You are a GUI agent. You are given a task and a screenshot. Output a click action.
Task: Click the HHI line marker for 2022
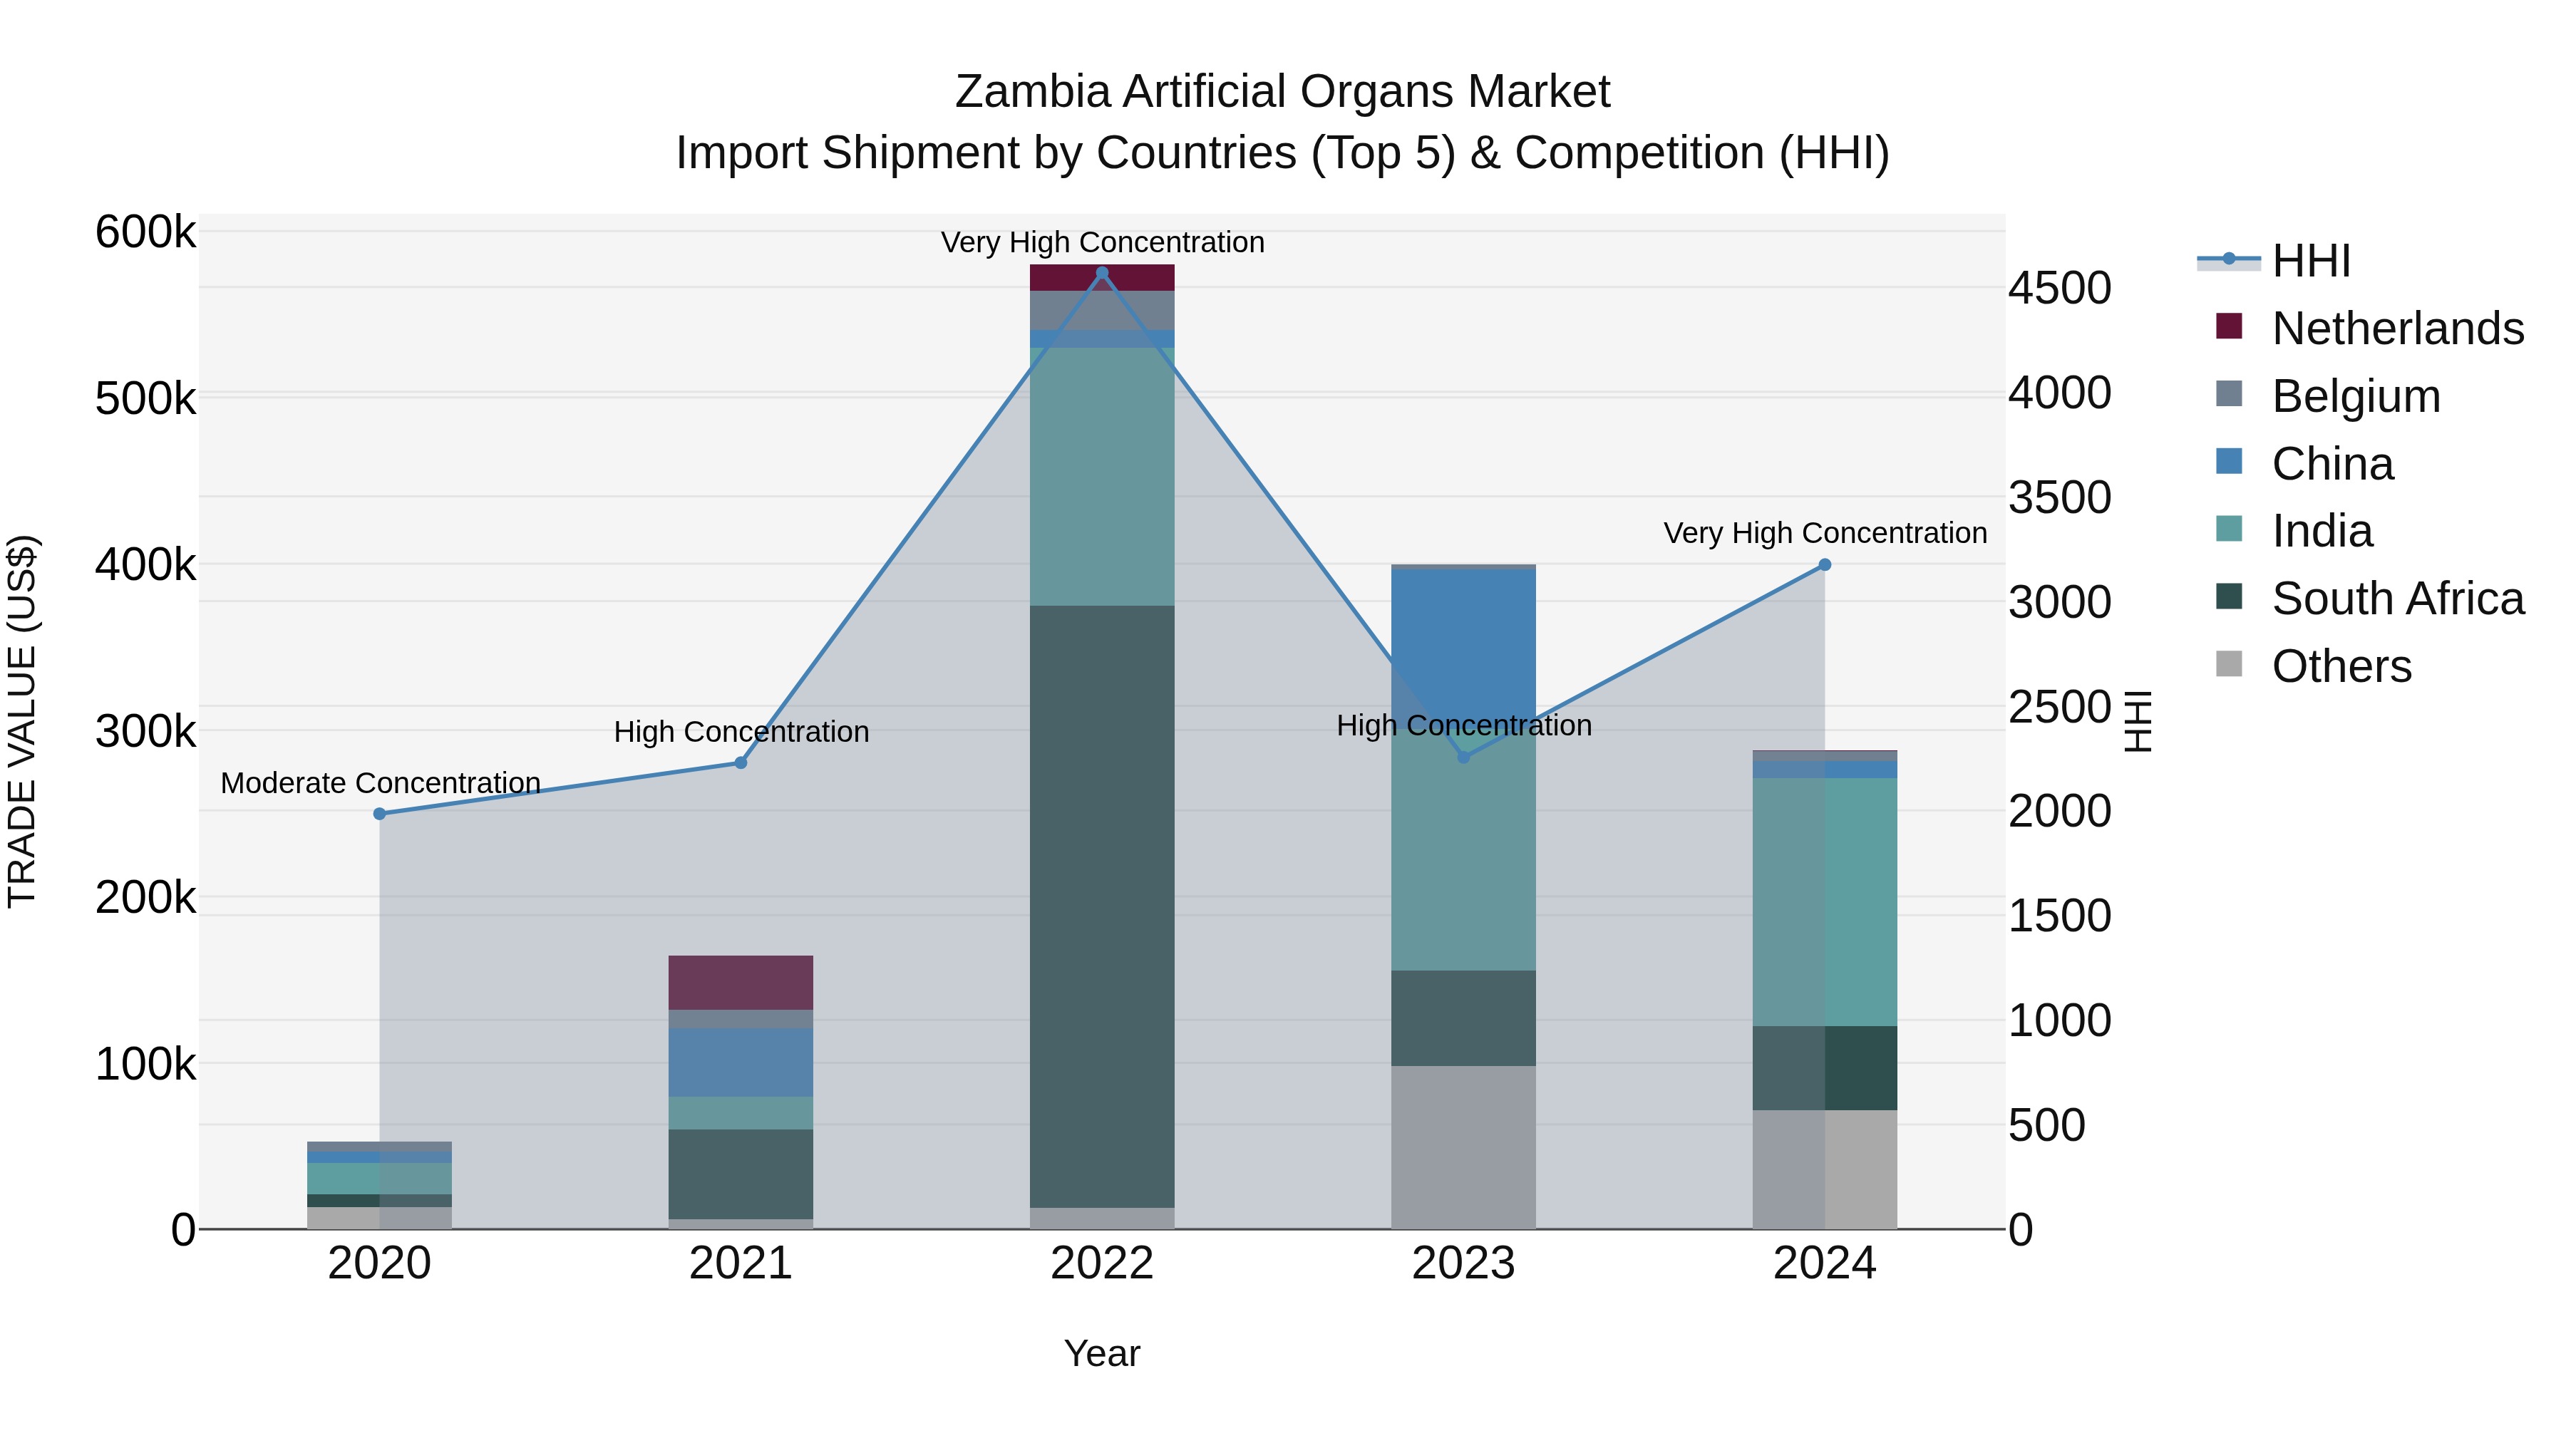(x=1102, y=273)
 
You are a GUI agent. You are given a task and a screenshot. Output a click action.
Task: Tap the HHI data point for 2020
(x=379, y=814)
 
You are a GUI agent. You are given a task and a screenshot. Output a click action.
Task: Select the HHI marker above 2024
(x=1825, y=564)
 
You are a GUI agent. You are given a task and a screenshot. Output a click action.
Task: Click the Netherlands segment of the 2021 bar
(x=740, y=982)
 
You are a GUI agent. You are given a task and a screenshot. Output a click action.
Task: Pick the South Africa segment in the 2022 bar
(x=1102, y=906)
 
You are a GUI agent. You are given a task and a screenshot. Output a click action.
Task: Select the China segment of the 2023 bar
(x=1463, y=647)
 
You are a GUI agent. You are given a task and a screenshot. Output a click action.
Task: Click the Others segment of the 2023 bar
(x=1463, y=1147)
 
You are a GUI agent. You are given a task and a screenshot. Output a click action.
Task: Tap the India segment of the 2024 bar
(x=1825, y=901)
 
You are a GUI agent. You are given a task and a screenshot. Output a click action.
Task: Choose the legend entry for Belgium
(x=2355, y=396)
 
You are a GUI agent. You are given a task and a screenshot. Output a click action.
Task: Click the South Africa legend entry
(x=2396, y=599)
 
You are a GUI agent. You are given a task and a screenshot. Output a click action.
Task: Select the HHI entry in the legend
(x=2310, y=261)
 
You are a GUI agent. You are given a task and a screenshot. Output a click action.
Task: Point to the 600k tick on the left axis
(x=145, y=233)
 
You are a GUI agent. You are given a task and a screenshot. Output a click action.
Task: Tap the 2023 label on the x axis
(x=1463, y=1263)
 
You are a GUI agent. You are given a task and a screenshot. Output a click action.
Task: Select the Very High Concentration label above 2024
(x=1825, y=533)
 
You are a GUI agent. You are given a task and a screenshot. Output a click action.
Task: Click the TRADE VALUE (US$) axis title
(x=22, y=721)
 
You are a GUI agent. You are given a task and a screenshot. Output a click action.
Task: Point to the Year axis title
(x=1102, y=1353)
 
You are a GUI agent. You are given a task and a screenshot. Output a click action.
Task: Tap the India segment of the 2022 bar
(x=1102, y=476)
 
